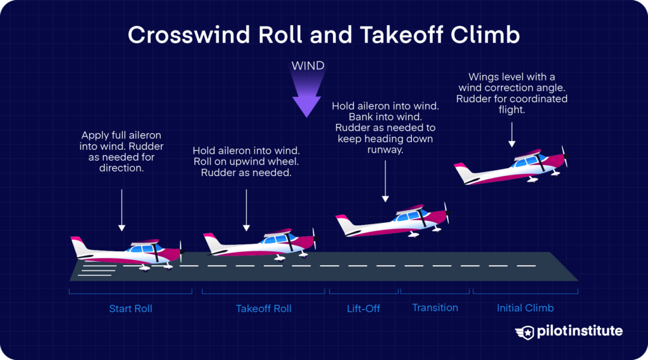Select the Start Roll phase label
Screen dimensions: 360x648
pos(130,309)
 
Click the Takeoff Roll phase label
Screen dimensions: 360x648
pos(263,309)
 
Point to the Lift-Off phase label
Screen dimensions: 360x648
pos(363,309)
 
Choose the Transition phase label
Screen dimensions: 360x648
pos(435,307)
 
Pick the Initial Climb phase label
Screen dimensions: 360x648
pos(525,308)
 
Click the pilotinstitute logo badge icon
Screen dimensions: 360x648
pos(525,332)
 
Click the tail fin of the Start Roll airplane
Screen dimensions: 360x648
pos(78,245)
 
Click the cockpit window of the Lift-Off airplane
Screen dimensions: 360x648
pos(411,217)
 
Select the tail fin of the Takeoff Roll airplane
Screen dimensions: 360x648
pos(211,241)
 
